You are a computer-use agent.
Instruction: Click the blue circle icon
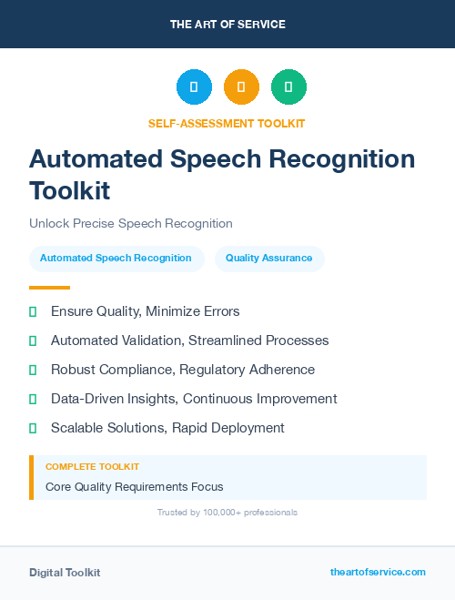tap(194, 86)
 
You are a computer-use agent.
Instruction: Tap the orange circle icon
tap(241, 86)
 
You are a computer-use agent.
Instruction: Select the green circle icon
tap(288, 86)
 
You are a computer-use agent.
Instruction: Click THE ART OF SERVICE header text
tap(227, 24)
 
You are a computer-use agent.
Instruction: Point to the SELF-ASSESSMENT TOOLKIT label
tap(227, 123)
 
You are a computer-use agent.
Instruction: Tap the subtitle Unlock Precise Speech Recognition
tap(131, 223)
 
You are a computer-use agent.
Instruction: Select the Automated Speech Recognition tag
tap(116, 258)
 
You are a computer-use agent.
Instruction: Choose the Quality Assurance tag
tap(268, 258)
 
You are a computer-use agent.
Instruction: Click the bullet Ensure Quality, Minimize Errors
tap(145, 311)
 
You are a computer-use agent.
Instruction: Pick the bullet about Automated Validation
tap(189, 341)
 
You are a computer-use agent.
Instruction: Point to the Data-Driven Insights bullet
tap(194, 399)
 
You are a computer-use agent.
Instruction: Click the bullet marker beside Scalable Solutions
tap(33, 428)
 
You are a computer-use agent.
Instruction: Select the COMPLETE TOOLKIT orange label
tap(92, 466)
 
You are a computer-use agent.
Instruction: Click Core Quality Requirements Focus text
tap(134, 486)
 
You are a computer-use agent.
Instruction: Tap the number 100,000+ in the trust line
tap(217, 513)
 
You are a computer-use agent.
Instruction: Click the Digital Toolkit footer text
tap(65, 572)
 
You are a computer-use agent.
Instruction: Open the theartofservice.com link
tap(378, 572)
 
